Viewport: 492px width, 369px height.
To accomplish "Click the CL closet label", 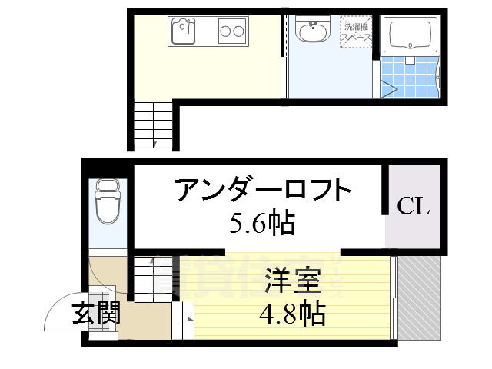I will point(413,206).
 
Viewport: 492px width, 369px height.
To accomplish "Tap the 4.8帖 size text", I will point(293,313).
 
